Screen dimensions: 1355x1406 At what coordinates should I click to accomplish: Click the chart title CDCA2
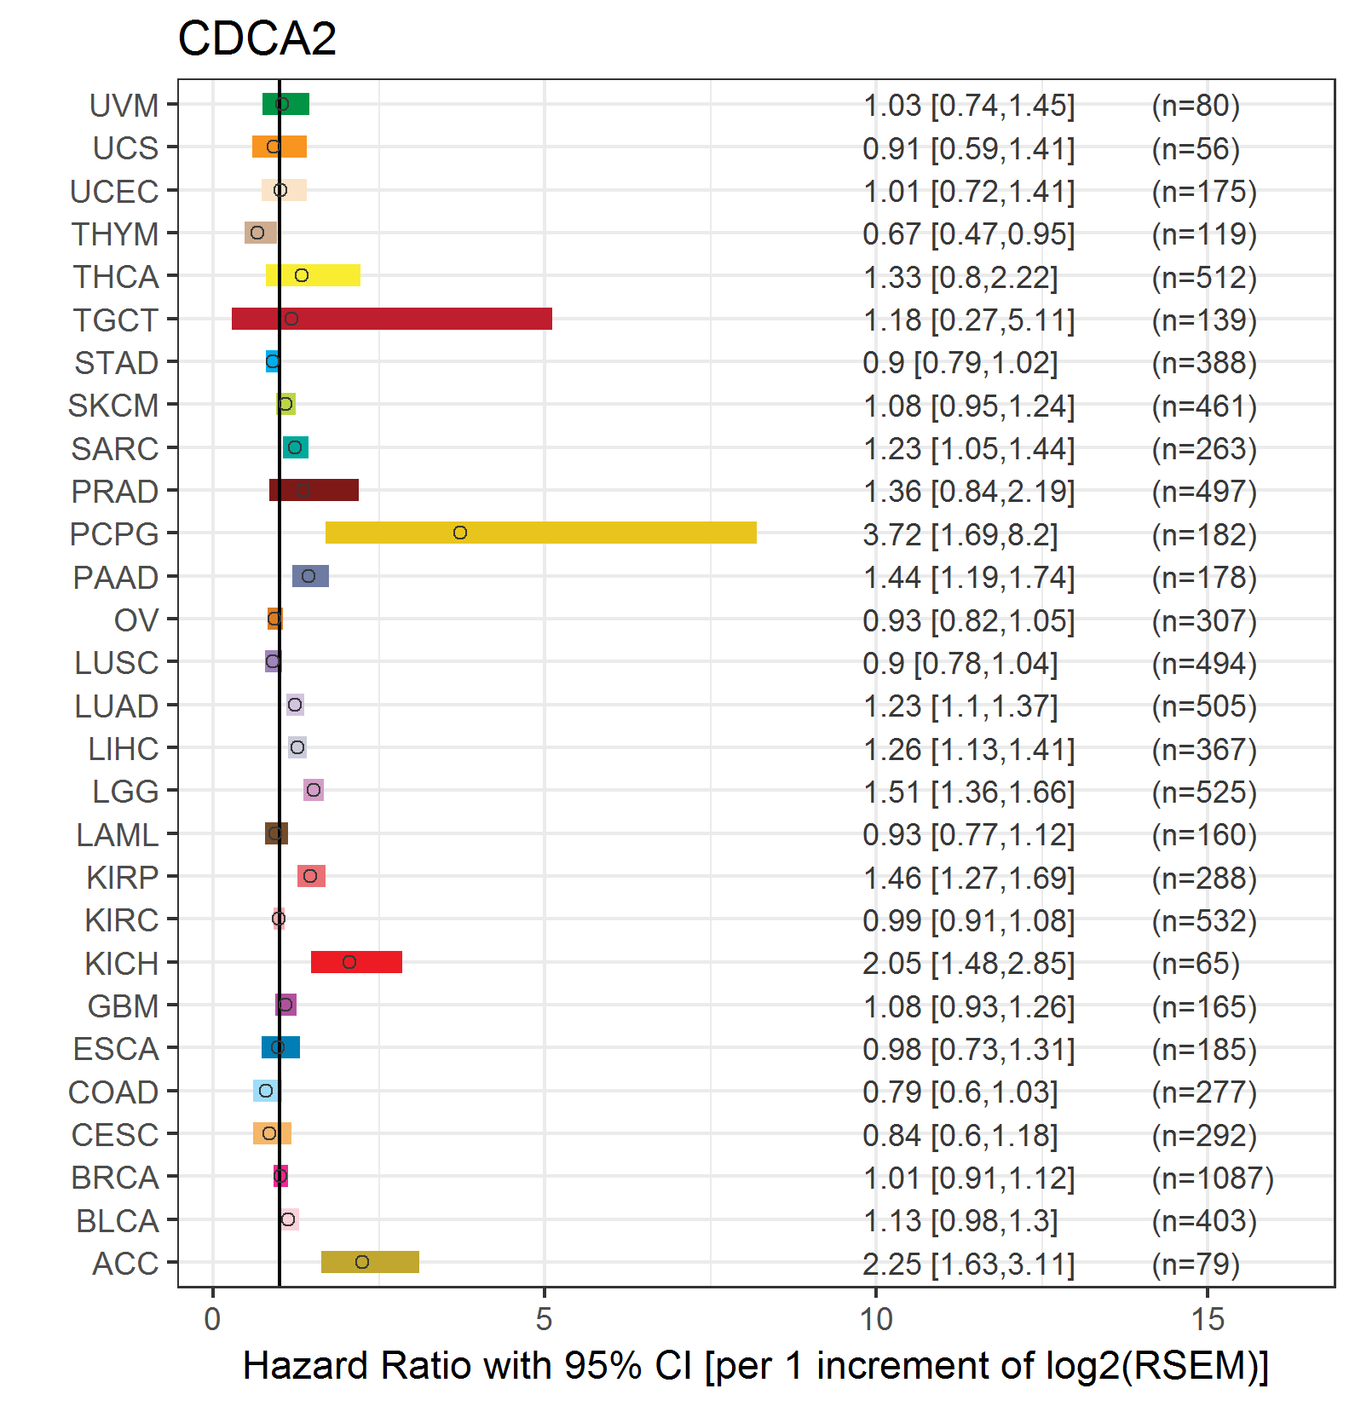(257, 38)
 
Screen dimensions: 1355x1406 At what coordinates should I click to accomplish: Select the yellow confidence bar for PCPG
(540, 533)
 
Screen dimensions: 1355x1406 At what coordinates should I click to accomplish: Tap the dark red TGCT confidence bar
(391, 319)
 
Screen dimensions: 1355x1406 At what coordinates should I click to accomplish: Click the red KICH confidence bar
(356, 962)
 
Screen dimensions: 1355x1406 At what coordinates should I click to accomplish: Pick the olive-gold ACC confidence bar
(370, 1262)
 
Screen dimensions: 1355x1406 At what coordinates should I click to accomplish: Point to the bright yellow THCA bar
(313, 275)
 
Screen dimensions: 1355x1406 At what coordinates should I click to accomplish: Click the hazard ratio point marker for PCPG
(460, 533)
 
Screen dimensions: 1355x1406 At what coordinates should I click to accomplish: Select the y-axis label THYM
(115, 233)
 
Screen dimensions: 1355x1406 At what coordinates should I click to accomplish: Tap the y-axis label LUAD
(117, 706)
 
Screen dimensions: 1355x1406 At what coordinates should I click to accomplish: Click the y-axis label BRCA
(115, 1178)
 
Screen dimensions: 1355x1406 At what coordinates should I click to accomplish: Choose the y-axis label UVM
(124, 106)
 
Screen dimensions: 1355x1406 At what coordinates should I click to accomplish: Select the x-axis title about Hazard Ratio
(756, 1365)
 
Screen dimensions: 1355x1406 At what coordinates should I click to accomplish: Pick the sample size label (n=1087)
(1213, 1178)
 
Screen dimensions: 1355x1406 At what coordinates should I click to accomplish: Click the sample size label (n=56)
(1196, 148)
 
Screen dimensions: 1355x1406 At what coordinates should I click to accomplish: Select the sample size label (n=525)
(1204, 792)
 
